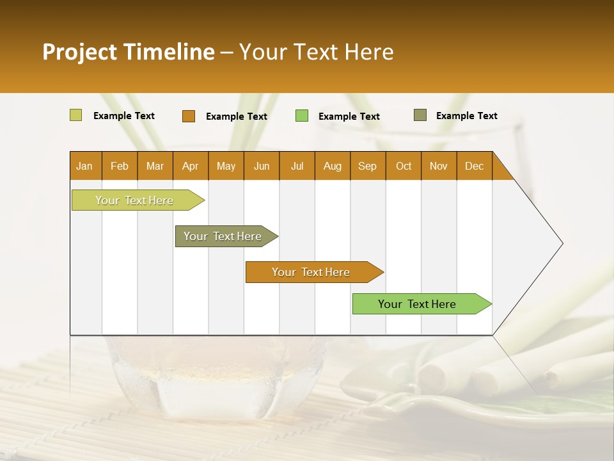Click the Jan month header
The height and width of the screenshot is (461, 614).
(x=84, y=166)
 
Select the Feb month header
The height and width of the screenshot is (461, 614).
(x=120, y=166)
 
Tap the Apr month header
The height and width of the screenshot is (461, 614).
(x=190, y=166)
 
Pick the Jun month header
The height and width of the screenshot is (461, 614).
(x=262, y=166)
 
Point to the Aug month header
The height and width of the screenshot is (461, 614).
(x=332, y=166)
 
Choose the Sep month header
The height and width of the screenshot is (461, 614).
(x=367, y=166)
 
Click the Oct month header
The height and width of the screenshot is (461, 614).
(x=404, y=166)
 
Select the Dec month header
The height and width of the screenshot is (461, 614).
(x=474, y=166)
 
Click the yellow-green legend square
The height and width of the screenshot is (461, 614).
(x=76, y=115)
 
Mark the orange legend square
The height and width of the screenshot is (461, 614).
(x=189, y=116)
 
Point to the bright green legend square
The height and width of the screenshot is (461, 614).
(x=302, y=116)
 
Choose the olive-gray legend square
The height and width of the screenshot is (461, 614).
(x=420, y=115)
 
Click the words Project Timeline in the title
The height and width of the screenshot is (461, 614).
(x=129, y=52)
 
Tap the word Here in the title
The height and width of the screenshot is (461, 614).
(x=369, y=52)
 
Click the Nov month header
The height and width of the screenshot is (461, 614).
(x=439, y=166)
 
